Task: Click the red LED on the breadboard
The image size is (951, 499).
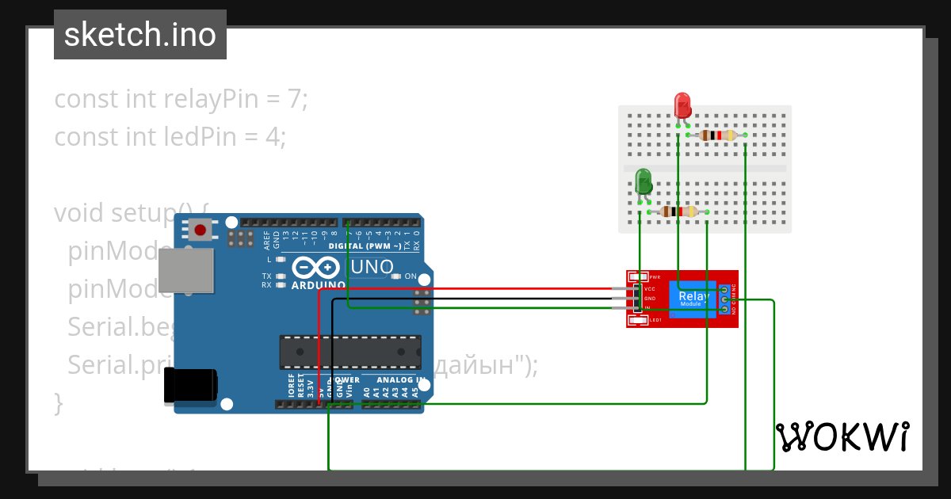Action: (x=682, y=105)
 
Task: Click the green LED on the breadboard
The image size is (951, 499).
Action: (x=644, y=181)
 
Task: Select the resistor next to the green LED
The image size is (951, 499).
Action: (x=678, y=211)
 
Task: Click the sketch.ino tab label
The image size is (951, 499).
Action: (x=140, y=35)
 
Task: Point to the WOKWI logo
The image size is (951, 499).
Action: (x=842, y=436)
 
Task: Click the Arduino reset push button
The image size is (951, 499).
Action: (x=201, y=231)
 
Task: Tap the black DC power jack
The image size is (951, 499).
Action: (x=190, y=386)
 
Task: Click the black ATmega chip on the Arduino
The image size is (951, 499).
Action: (x=349, y=352)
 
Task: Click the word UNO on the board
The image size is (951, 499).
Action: (x=372, y=268)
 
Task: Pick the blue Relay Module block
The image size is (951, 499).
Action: (x=694, y=299)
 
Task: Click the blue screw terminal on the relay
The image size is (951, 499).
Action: (x=724, y=299)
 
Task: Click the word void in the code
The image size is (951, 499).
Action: (x=78, y=213)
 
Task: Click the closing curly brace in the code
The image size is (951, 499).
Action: (x=58, y=402)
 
